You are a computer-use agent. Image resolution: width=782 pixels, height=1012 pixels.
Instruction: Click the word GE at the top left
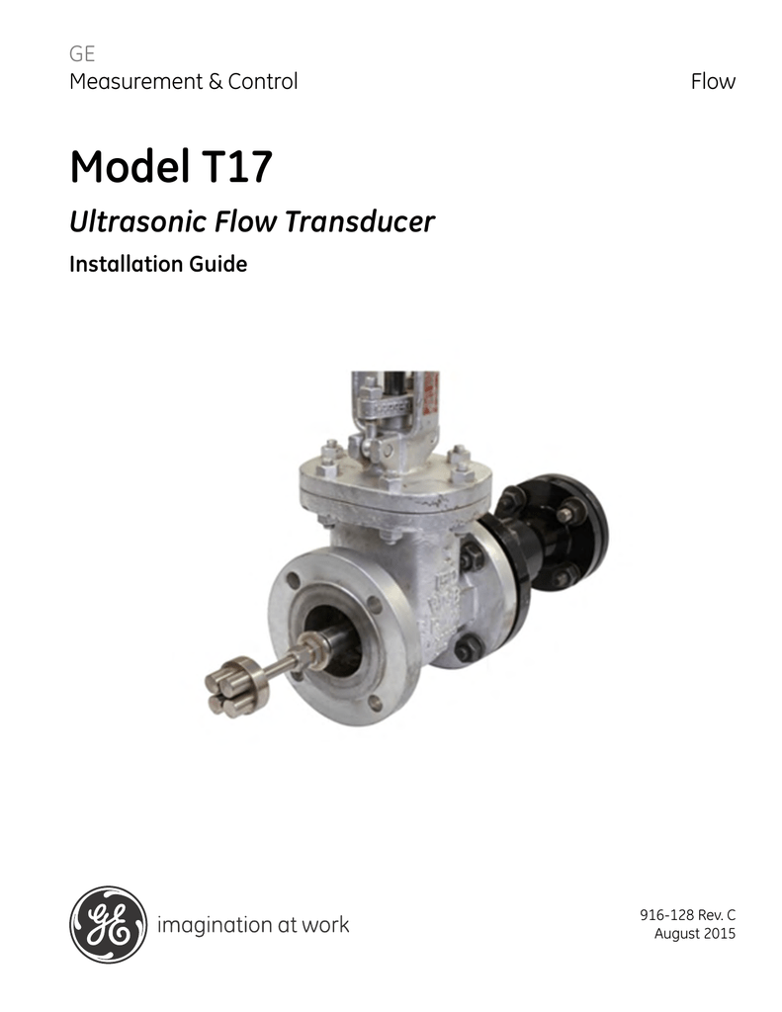click(x=81, y=54)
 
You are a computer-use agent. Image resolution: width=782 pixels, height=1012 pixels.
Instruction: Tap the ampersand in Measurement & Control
click(x=215, y=82)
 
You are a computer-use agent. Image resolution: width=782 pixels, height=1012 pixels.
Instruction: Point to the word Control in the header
click(x=262, y=82)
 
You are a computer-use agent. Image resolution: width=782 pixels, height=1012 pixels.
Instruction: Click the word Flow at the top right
click(x=713, y=82)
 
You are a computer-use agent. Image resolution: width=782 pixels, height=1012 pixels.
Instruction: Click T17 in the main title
click(x=237, y=167)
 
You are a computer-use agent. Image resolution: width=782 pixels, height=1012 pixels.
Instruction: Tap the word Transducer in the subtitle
click(x=360, y=222)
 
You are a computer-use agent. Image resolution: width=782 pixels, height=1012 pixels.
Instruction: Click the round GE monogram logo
click(x=108, y=925)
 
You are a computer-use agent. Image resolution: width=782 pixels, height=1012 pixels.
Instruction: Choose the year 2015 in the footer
click(x=717, y=934)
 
